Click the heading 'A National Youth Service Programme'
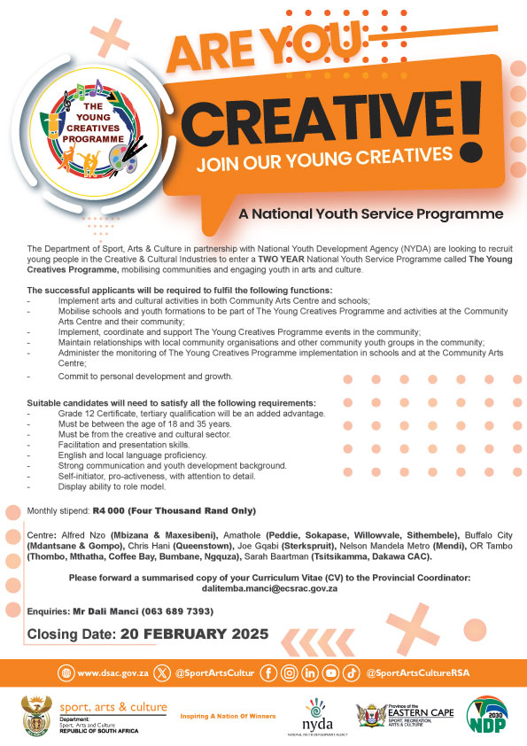click(x=370, y=214)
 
